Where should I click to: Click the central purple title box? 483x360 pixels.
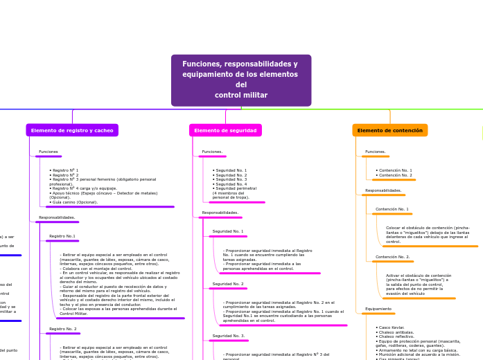pos(240,80)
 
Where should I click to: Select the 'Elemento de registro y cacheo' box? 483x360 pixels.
pos(72,130)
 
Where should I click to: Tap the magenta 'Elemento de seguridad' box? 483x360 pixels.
pos(225,130)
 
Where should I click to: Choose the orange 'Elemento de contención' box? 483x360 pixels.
pos(389,130)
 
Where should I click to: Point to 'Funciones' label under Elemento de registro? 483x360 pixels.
pos(49,152)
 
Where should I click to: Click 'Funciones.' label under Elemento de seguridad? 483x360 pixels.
pos(212,152)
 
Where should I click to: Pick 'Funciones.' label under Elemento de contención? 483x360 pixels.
pos(375,152)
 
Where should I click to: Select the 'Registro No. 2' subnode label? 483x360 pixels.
pos(63,329)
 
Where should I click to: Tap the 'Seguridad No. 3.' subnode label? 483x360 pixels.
pos(229,336)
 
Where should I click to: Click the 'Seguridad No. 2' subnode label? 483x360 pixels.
pos(228,284)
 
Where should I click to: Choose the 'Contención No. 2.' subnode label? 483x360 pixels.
pos(393,257)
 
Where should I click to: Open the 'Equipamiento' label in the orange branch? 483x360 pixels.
pos(378,309)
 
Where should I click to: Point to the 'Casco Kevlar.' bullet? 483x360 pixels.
pos(391,327)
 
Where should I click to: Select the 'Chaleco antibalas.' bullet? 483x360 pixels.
pos(396,332)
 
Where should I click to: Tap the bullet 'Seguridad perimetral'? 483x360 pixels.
pos(236,188)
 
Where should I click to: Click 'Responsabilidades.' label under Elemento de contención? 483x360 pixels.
pos(383,190)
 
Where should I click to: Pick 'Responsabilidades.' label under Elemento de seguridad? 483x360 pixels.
pos(220,213)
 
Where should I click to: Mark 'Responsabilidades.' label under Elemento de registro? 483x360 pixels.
pos(57,217)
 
